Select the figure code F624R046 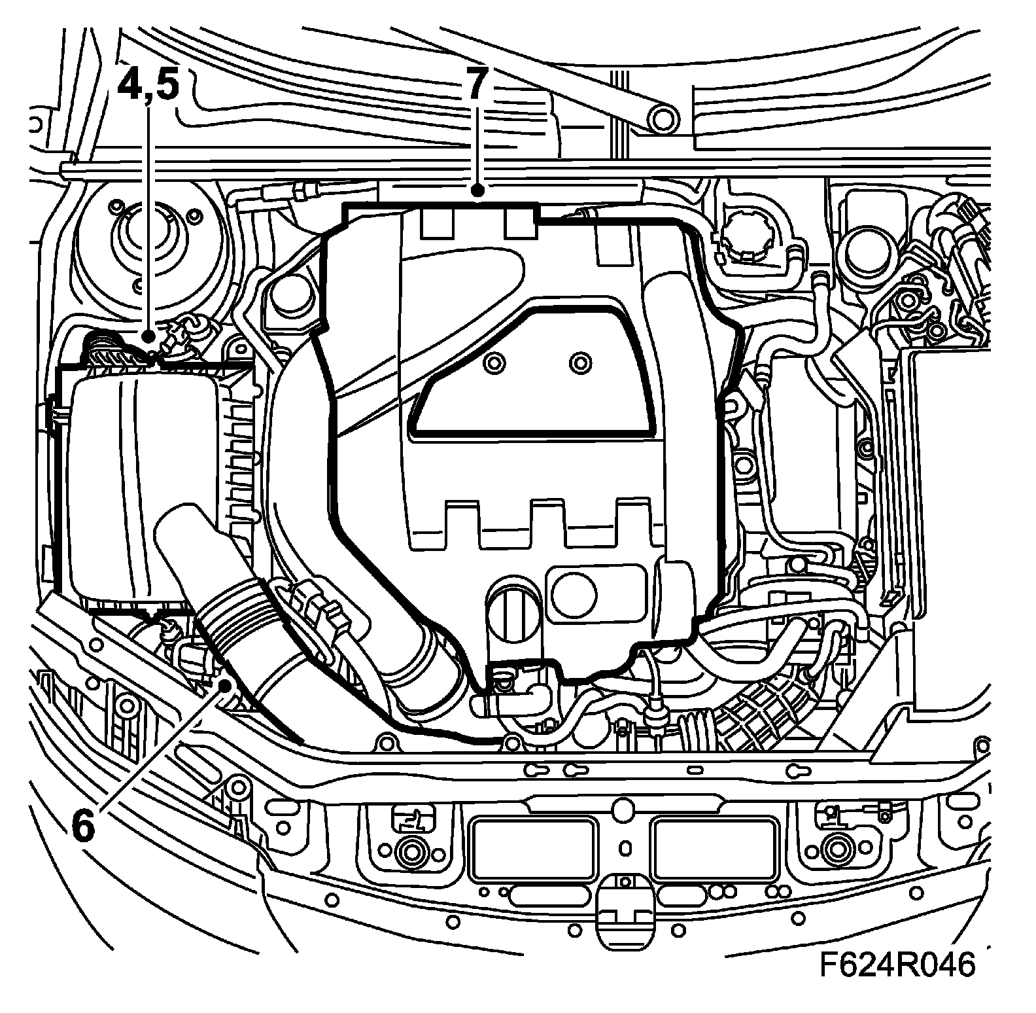point(898,965)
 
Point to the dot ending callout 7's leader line point(478,191)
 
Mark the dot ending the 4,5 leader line point(150,336)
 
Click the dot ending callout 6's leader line point(226,684)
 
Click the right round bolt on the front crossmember point(835,851)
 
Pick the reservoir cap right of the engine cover point(746,240)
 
